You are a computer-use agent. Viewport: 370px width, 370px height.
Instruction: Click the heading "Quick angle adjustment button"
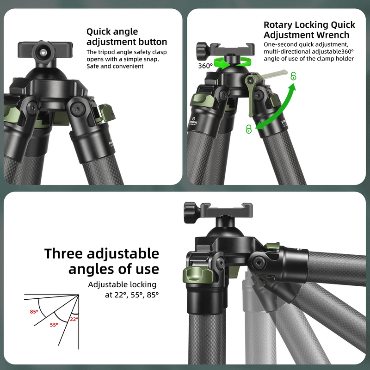tap(126, 37)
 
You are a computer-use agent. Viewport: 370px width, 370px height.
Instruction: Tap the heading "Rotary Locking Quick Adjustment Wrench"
tap(309, 30)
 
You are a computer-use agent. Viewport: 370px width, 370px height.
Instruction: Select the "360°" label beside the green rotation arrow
tap(205, 66)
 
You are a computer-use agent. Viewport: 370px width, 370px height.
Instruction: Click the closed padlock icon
tap(249, 129)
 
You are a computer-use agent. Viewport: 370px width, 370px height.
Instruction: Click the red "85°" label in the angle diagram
tap(34, 311)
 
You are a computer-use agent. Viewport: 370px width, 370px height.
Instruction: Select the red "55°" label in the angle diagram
tap(54, 325)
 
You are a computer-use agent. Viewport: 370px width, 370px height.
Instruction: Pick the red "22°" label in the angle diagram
tap(74, 319)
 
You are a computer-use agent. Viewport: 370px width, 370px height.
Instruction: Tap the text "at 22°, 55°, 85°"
tap(131, 295)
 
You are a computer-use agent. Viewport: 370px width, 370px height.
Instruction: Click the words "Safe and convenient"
tap(115, 66)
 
